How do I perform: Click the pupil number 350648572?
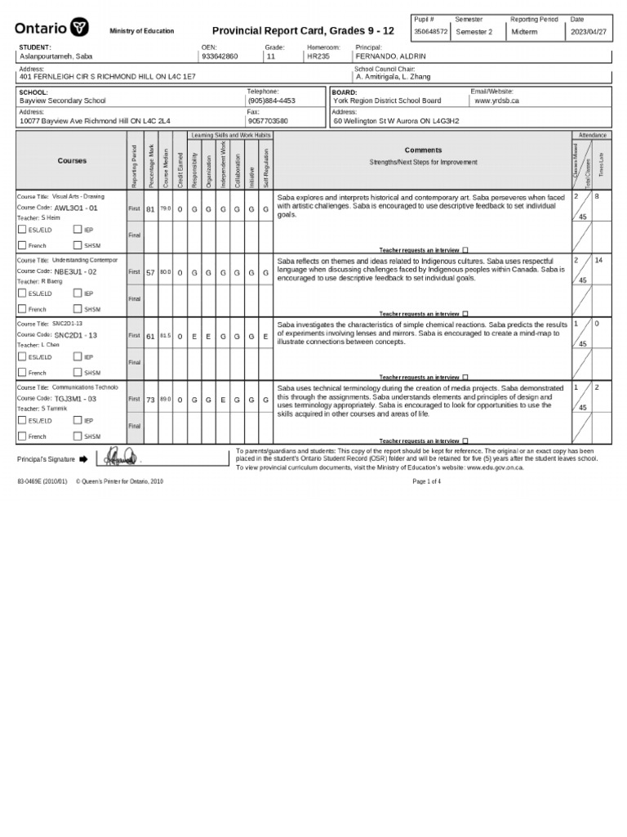coord(430,32)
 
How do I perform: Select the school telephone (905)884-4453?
coord(272,101)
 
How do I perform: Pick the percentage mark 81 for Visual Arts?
coord(150,209)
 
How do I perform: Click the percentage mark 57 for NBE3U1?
coord(150,272)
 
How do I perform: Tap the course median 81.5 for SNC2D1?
coord(165,336)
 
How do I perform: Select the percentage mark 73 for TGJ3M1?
coord(150,400)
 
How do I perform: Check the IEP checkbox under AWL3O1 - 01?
coord(77,230)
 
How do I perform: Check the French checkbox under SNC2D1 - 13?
coord(21,372)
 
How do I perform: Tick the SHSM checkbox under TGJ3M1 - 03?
coord(77,436)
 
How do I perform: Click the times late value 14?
coord(598,260)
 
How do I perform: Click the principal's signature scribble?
coord(118,458)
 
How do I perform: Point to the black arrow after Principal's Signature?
coord(83,459)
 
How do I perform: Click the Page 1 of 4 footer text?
coord(428,481)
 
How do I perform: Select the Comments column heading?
coord(423,150)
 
